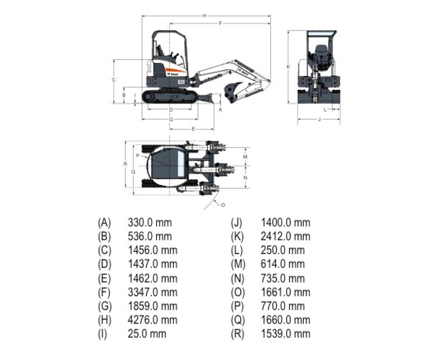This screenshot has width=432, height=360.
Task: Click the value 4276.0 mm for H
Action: point(152,320)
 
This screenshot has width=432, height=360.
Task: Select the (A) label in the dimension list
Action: point(104,222)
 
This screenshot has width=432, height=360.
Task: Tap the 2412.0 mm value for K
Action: point(285,236)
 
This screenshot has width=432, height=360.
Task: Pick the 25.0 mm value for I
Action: point(147,334)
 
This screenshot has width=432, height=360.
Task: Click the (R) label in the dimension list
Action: point(237,334)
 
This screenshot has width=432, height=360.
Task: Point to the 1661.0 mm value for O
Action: point(285,292)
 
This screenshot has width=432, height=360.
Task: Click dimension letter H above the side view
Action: point(204,15)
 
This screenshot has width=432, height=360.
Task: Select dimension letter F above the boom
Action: point(220,23)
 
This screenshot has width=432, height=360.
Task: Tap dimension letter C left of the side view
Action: point(114,80)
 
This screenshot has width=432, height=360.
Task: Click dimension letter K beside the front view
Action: point(288,66)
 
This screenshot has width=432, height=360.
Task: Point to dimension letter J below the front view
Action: point(319,119)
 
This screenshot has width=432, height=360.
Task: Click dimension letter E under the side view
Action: point(193,129)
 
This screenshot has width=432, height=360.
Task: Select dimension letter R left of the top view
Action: point(125,164)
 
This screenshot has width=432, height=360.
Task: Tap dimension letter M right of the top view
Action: point(245,157)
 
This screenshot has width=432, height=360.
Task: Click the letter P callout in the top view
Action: point(138,155)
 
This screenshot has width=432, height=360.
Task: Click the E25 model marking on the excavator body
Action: point(181,81)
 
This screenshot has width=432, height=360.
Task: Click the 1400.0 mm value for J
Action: point(285,222)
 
